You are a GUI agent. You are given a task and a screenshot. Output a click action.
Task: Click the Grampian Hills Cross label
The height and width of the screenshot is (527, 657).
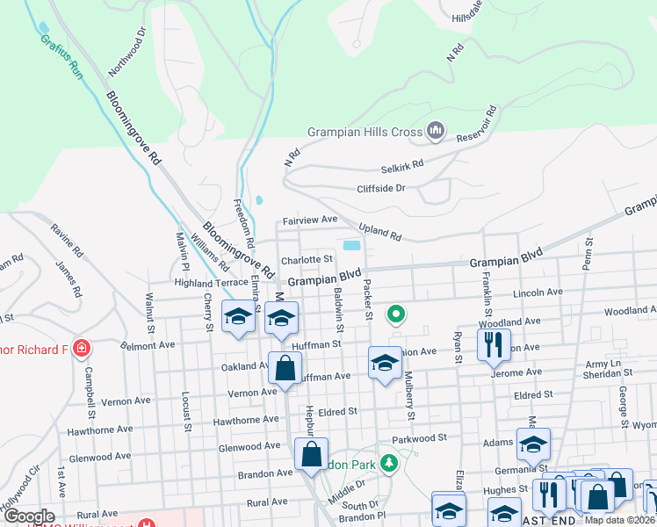(x=365, y=133)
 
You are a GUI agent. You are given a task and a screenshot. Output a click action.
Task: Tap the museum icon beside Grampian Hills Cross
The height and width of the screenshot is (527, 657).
(x=435, y=133)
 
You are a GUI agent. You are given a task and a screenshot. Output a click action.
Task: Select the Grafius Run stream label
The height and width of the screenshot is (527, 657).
(x=61, y=58)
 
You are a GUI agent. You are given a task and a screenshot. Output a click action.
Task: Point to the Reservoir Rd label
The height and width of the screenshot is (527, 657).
(x=477, y=126)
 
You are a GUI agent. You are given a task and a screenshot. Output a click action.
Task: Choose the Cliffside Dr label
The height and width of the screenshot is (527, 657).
(x=380, y=188)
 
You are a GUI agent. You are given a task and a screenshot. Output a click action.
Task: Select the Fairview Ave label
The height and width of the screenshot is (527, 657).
(x=309, y=220)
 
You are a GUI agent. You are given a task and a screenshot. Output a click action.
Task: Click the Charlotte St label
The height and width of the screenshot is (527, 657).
(x=307, y=259)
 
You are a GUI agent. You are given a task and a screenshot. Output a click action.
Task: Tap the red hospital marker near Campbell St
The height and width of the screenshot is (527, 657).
(x=81, y=348)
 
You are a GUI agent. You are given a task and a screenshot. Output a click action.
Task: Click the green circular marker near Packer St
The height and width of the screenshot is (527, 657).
(x=396, y=313)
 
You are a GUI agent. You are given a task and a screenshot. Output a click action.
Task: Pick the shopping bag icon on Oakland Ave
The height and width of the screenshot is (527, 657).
(x=285, y=368)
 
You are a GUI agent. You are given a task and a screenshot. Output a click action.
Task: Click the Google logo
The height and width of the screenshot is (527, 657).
(x=29, y=516)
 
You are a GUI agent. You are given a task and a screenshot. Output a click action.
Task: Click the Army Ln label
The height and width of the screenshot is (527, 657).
(x=603, y=364)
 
